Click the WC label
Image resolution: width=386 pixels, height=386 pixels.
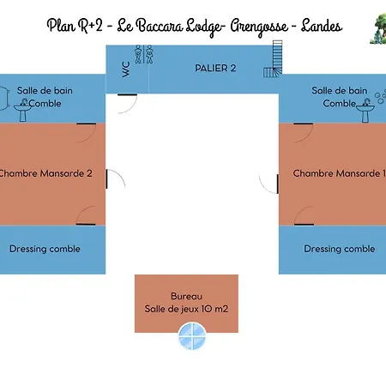(x=126, y=69)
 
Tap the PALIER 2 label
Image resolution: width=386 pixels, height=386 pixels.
(x=215, y=68)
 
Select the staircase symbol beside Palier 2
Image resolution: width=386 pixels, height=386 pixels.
(x=273, y=59)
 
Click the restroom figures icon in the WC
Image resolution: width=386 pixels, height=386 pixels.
(x=143, y=54)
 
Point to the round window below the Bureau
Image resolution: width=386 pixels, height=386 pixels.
(x=192, y=336)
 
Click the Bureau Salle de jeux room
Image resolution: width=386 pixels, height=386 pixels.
(x=186, y=304)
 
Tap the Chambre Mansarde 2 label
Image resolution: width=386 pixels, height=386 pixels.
(x=45, y=173)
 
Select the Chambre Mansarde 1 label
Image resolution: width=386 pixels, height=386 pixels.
(x=340, y=173)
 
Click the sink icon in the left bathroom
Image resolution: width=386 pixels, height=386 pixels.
(x=23, y=110)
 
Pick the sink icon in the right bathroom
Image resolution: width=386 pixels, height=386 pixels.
(x=365, y=111)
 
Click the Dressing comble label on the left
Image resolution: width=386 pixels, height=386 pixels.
(x=45, y=249)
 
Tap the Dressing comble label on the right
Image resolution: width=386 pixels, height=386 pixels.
(x=340, y=249)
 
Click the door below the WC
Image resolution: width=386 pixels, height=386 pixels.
(x=127, y=103)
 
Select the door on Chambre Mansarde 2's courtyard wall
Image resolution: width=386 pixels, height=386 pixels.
(x=116, y=178)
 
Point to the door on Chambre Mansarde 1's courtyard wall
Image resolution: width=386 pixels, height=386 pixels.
(x=268, y=184)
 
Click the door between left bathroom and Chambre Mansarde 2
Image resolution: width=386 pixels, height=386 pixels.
(x=86, y=133)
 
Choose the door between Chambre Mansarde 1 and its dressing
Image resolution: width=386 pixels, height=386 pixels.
(x=304, y=215)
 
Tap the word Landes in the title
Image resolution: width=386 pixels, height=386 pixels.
(x=322, y=26)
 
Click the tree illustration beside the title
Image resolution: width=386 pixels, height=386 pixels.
(x=378, y=29)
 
